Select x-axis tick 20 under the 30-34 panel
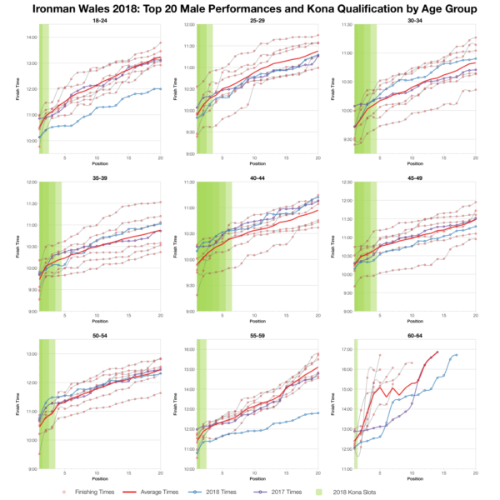[x=475, y=157]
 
